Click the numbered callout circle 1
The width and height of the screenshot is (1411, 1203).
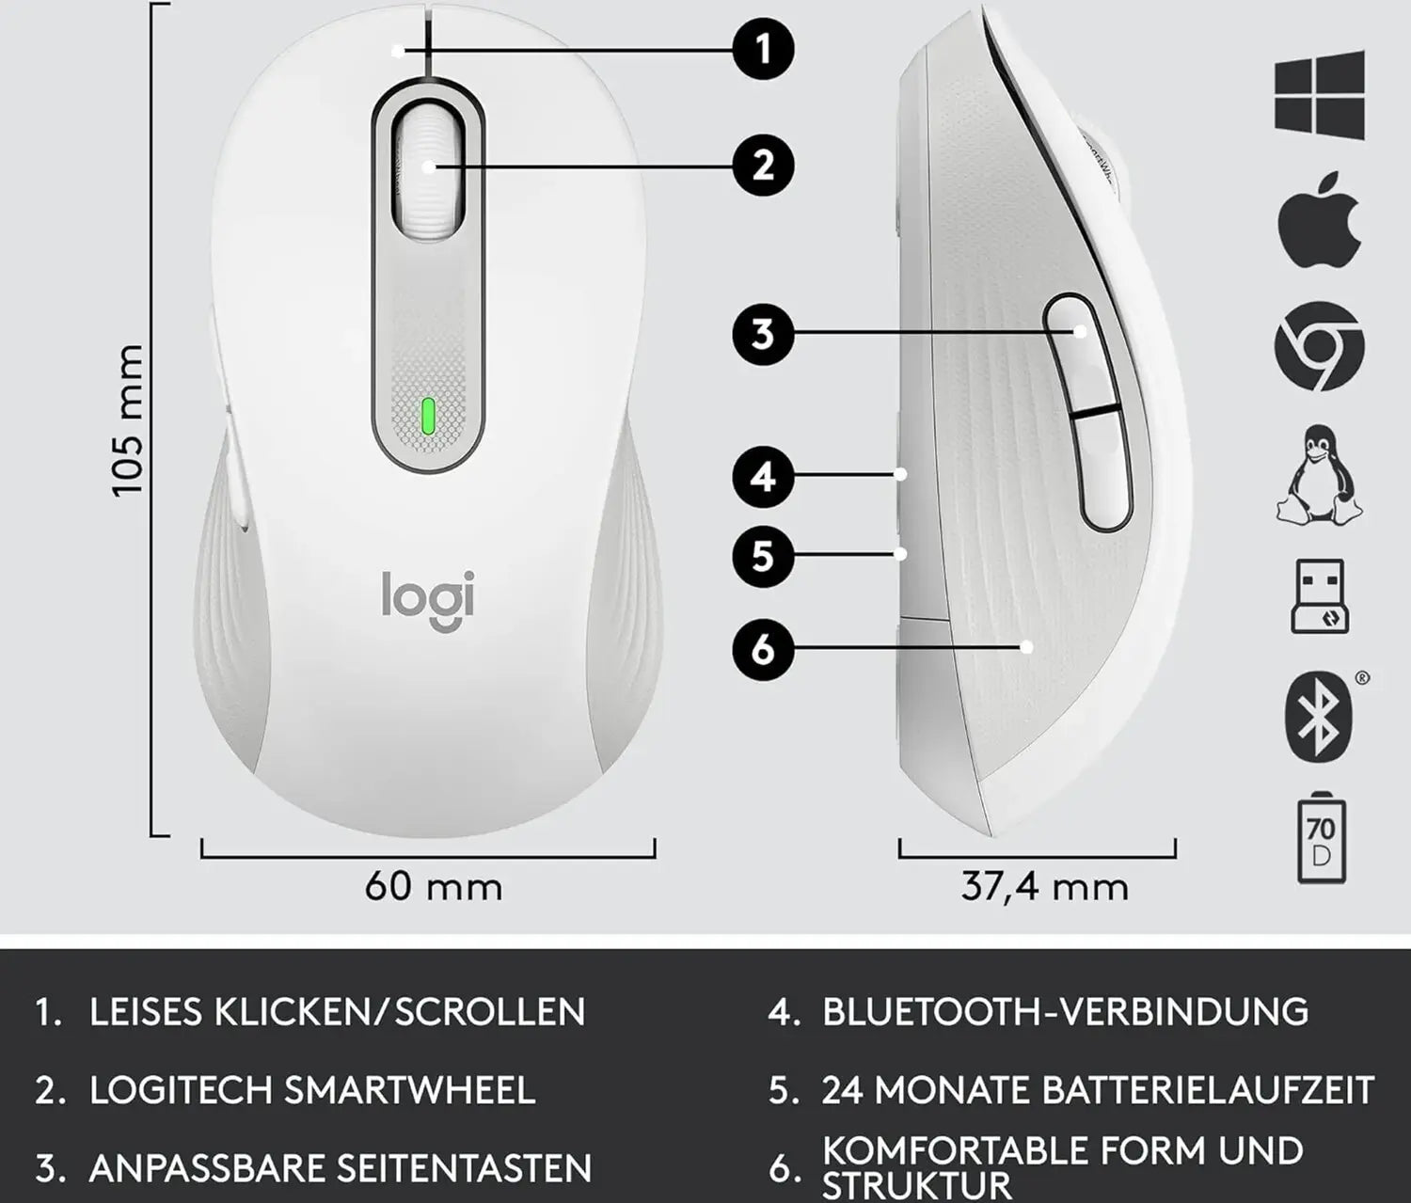(x=763, y=48)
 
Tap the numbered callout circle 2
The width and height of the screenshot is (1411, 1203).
(x=763, y=166)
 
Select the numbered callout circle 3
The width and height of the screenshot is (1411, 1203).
(x=763, y=333)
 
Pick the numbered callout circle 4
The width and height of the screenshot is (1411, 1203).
(x=763, y=477)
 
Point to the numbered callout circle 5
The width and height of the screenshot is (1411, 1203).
(x=763, y=556)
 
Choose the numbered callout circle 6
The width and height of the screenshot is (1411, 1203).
(x=763, y=648)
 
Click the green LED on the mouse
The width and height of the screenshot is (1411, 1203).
(x=428, y=415)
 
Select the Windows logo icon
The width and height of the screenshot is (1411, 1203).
(x=1319, y=95)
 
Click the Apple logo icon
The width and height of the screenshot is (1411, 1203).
(x=1319, y=218)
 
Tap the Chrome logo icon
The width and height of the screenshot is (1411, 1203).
(x=1319, y=346)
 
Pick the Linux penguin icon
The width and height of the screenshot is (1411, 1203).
(x=1319, y=475)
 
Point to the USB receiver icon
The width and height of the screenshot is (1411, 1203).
(x=1319, y=596)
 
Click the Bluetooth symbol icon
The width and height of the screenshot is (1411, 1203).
(x=1319, y=717)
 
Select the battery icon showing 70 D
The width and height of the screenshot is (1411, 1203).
(x=1321, y=839)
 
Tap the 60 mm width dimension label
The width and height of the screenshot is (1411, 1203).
(x=434, y=886)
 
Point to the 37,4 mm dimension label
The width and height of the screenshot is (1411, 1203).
(x=1044, y=886)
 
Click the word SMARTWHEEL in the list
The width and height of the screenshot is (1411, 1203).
(x=409, y=1090)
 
